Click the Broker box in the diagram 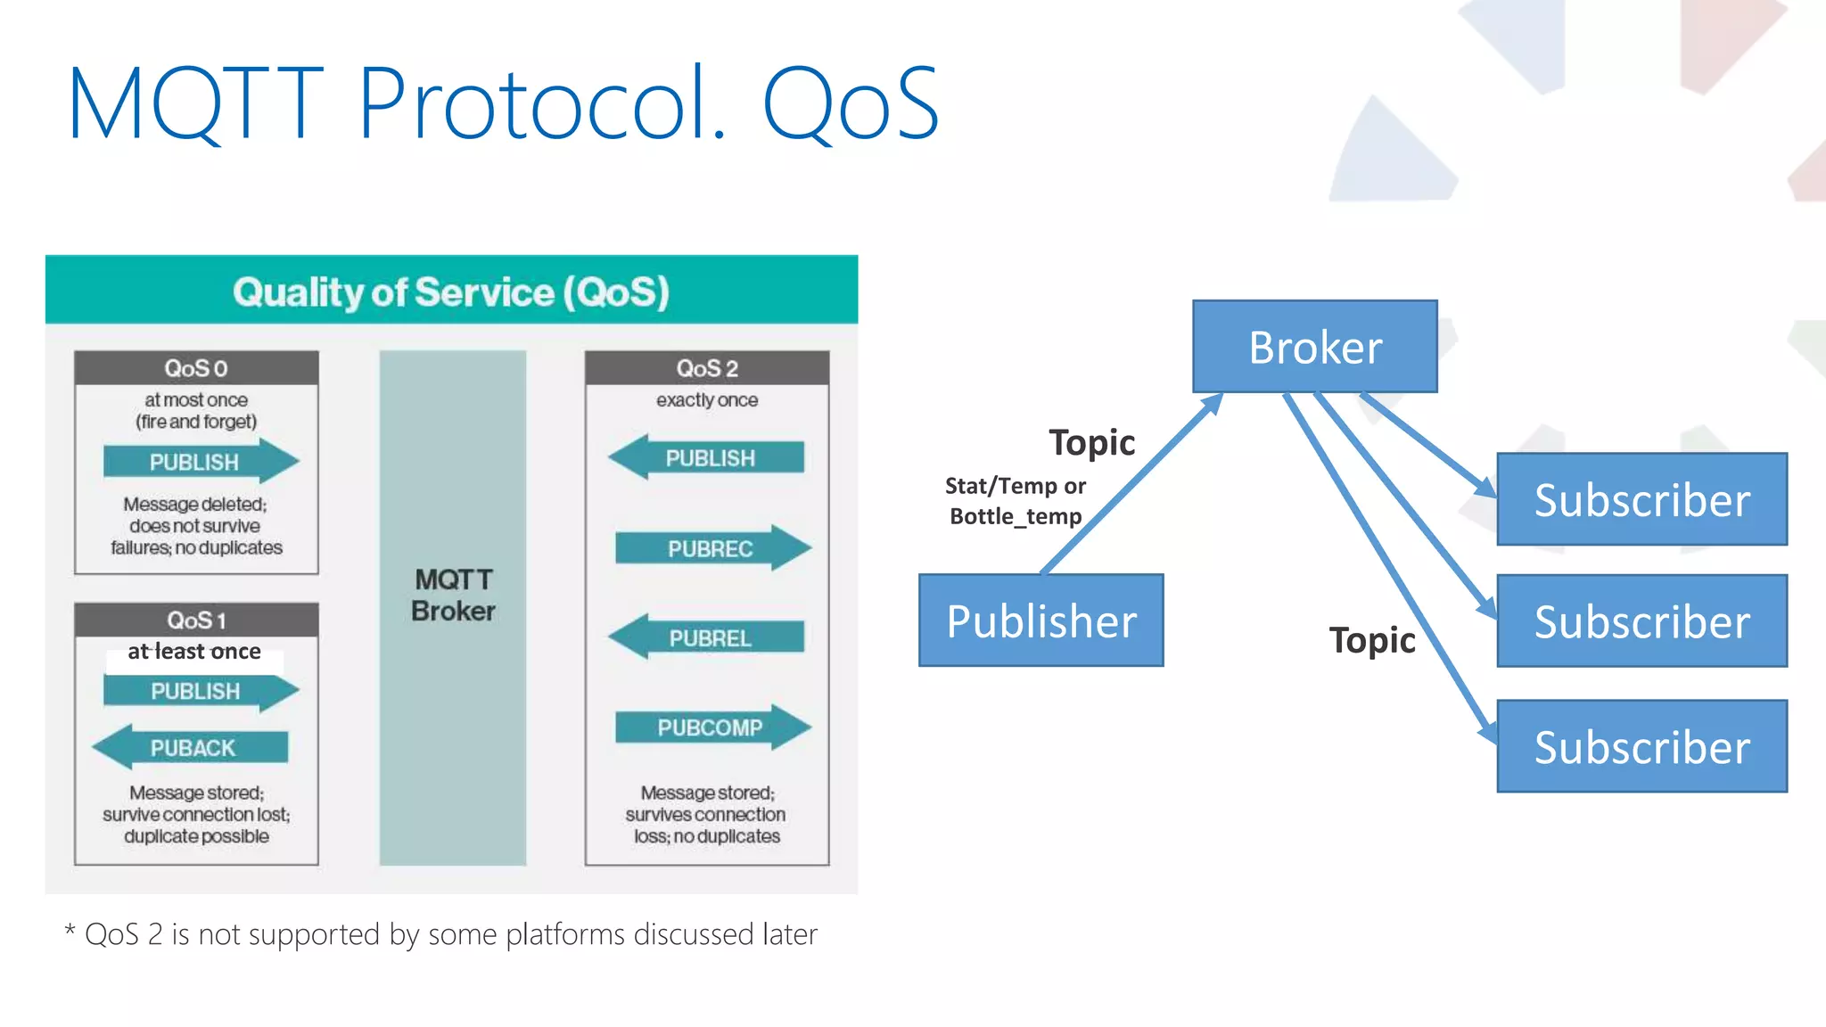tap(1314, 347)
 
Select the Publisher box tap(1040, 620)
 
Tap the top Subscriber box tap(1641, 499)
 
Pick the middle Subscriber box tap(1641, 621)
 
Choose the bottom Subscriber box tap(1641, 746)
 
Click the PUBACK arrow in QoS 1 tap(192, 747)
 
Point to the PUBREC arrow tap(711, 548)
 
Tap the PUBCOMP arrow tap(711, 727)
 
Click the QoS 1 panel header tap(196, 620)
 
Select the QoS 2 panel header tap(707, 368)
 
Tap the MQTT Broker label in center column tap(453, 595)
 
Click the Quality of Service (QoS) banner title tap(451, 292)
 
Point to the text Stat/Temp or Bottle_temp tap(1016, 501)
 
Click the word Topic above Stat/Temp tap(1091, 443)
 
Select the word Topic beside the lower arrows tap(1371, 640)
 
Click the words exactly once tap(707, 400)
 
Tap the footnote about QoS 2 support tap(441, 934)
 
